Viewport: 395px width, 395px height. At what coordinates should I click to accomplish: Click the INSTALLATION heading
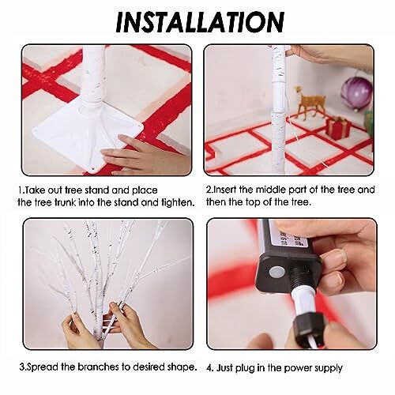click(x=200, y=22)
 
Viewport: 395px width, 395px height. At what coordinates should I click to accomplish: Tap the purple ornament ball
click(x=357, y=93)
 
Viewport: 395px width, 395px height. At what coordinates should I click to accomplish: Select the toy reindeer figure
click(x=310, y=102)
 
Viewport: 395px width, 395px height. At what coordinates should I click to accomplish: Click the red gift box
click(x=338, y=127)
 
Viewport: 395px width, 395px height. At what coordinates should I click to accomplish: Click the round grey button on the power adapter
click(x=276, y=272)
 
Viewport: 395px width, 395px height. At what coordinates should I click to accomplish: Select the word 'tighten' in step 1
click(x=176, y=203)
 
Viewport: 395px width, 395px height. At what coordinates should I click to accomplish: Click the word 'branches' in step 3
click(x=98, y=367)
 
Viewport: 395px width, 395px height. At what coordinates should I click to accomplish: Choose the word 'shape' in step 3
click(x=181, y=367)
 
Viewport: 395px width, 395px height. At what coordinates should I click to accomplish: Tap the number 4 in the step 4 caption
click(x=209, y=368)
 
